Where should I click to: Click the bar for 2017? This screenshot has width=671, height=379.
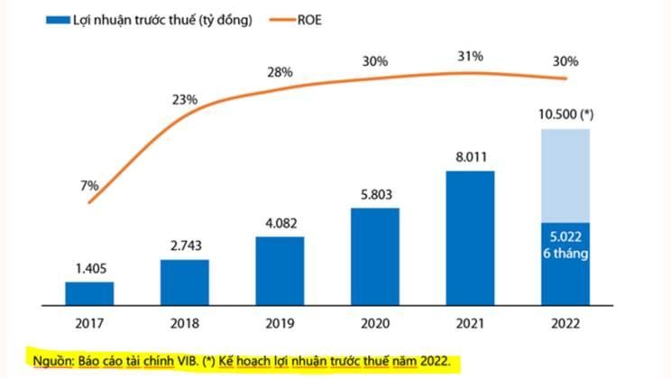(x=89, y=294)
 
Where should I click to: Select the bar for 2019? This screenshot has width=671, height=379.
(x=280, y=272)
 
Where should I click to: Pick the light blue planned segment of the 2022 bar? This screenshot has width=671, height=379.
(x=565, y=175)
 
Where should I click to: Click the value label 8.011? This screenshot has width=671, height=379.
(x=470, y=157)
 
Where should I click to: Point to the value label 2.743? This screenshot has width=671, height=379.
(x=185, y=246)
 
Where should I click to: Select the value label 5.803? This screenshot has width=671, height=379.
(x=374, y=195)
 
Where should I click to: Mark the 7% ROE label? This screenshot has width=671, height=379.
(x=88, y=185)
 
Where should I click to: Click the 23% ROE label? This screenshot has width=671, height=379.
(x=186, y=99)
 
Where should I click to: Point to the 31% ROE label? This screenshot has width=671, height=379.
(x=471, y=56)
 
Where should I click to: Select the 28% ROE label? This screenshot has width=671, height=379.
(x=280, y=70)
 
